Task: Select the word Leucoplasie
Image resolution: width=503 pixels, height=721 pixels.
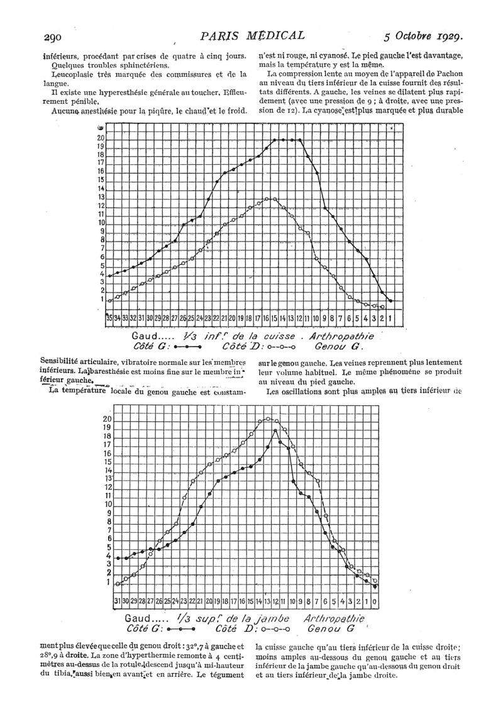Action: pyautogui.click(x=62, y=74)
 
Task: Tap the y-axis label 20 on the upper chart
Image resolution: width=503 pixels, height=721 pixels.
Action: pyautogui.click(x=101, y=138)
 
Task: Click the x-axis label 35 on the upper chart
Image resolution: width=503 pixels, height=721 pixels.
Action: pyautogui.click(x=109, y=317)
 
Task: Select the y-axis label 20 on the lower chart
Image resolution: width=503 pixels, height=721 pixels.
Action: pyautogui.click(x=108, y=419)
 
